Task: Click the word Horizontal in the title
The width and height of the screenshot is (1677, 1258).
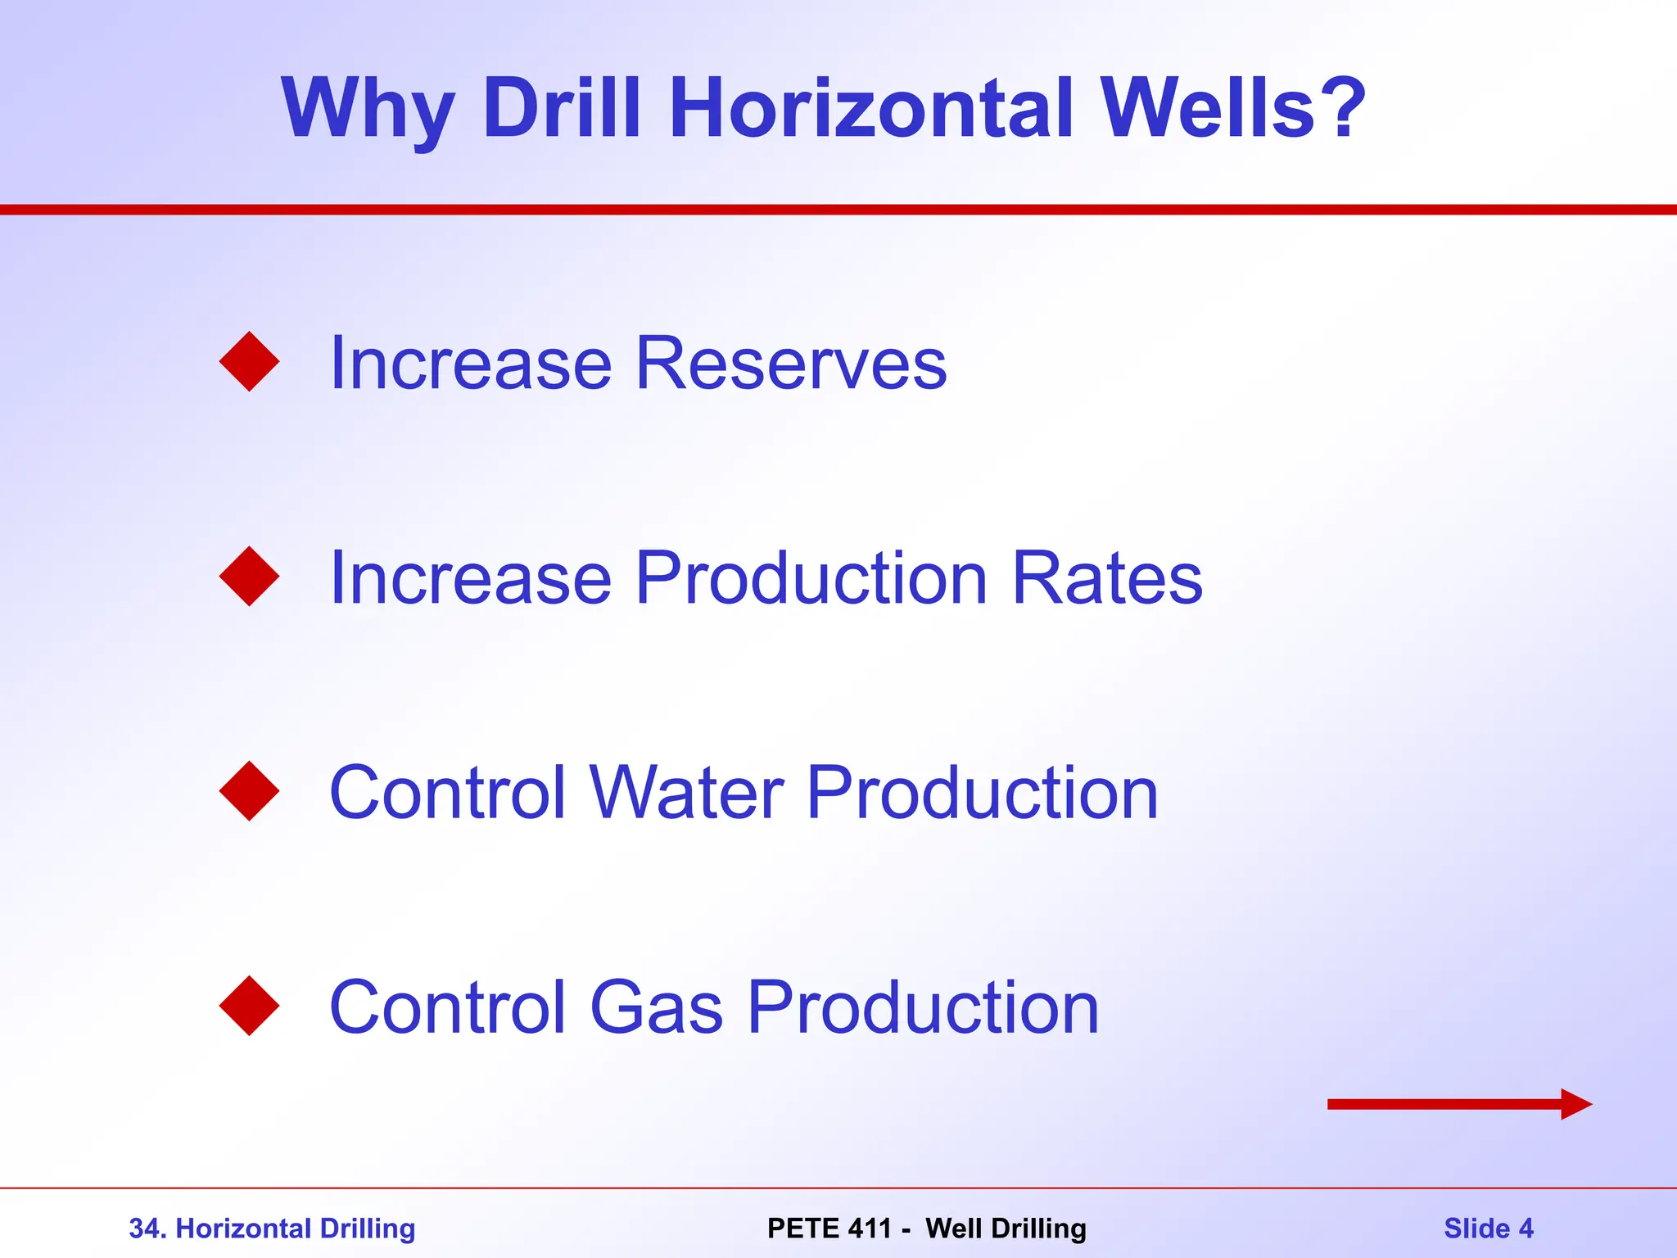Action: click(870, 108)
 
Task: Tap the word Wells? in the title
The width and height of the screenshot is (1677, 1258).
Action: click(1232, 108)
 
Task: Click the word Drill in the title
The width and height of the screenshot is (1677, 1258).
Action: click(562, 108)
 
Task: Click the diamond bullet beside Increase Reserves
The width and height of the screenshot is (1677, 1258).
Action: click(250, 362)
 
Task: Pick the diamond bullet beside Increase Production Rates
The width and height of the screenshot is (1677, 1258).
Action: click(250, 577)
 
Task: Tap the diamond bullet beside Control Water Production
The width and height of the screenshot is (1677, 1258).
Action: click(250, 791)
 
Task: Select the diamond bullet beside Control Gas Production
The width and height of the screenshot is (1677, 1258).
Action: click(250, 1006)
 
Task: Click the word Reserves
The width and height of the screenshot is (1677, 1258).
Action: click(791, 364)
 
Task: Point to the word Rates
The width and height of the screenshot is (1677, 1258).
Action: click(1107, 578)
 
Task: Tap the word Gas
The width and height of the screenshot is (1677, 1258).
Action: click(657, 1009)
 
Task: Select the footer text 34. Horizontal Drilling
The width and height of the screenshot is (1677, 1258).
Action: click(272, 1229)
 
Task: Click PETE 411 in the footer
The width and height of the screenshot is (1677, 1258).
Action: click(829, 1229)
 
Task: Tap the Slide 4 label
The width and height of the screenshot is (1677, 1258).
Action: click(1488, 1229)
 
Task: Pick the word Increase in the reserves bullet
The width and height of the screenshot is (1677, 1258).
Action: click(471, 364)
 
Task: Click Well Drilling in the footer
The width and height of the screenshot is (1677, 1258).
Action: click(1006, 1229)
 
